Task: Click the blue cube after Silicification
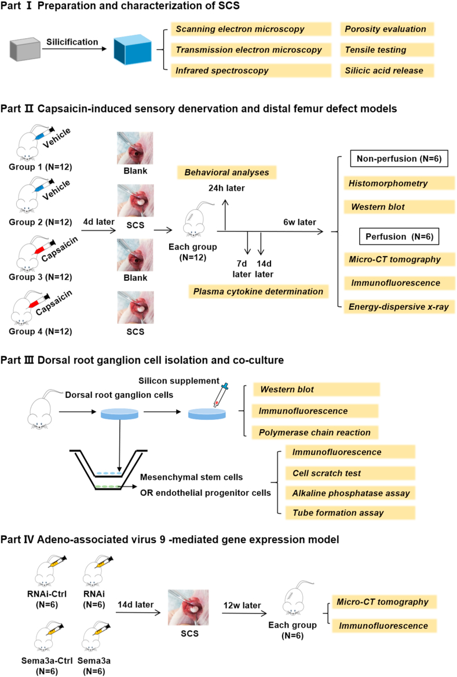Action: (133, 50)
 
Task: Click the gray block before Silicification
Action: (25, 49)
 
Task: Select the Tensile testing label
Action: (387, 50)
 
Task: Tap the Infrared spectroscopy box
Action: (251, 71)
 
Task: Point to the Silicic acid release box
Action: (387, 71)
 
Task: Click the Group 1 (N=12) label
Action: (41, 167)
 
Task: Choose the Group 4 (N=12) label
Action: (41, 331)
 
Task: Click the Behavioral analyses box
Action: (227, 172)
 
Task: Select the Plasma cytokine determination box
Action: (258, 291)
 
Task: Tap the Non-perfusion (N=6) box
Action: (399, 159)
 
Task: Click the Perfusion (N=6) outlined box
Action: (399, 237)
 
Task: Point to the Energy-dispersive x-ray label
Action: (399, 307)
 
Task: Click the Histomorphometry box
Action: (399, 183)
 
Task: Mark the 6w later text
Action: (300, 222)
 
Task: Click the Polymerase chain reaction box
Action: (315, 432)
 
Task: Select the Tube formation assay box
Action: (350, 513)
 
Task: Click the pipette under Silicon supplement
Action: (220, 395)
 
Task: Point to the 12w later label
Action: (242, 605)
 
